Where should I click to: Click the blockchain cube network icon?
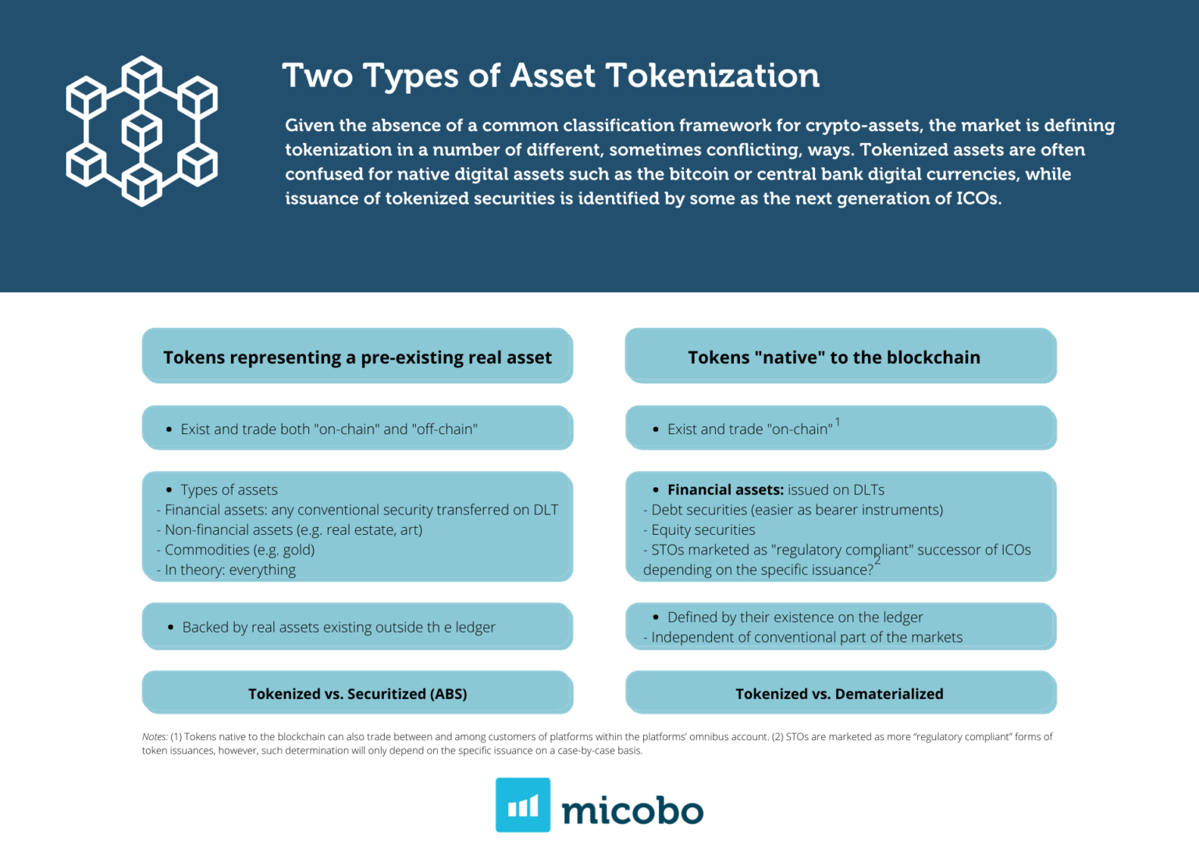tap(142, 131)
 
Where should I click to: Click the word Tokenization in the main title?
tap(712, 76)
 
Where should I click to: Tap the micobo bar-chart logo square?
tap(522, 805)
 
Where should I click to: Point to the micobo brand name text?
tap(632, 810)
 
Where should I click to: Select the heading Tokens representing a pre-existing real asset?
tap(358, 358)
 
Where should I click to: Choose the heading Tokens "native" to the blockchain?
tap(834, 358)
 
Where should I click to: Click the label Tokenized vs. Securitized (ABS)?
tap(358, 693)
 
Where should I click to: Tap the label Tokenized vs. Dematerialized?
tap(839, 693)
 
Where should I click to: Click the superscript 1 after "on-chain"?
tap(838, 422)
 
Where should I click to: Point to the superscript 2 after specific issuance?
tap(877, 561)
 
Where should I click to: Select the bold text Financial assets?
tap(725, 490)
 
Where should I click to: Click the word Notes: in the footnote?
tap(155, 736)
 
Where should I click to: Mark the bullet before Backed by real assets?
tap(170, 627)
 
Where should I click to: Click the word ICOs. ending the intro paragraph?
tap(979, 198)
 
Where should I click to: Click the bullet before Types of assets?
tap(169, 490)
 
